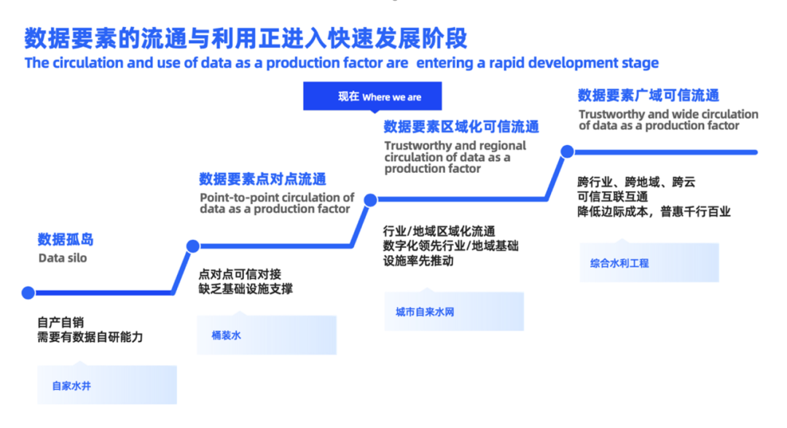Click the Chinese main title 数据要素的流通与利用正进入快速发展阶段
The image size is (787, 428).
[x=246, y=37]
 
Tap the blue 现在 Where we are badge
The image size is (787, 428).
[x=372, y=97]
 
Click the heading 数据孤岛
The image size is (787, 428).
[x=66, y=239]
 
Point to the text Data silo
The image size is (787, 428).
[x=62, y=258]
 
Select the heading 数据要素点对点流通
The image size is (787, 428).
[x=262, y=179]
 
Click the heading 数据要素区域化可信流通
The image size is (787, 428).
[x=461, y=127]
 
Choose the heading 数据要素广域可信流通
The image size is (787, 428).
[x=649, y=96]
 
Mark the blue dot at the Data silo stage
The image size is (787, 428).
[x=28, y=293]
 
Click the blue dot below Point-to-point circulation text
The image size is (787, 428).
[x=192, y=246]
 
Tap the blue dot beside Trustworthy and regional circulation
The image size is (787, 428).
[x=370, y=199]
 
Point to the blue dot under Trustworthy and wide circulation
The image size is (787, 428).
[x=566, y=151]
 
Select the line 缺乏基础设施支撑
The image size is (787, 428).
[x=246, y=289]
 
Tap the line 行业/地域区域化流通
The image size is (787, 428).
[x=439, y=232]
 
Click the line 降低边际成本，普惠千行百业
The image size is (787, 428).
[x=654, y=212]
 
